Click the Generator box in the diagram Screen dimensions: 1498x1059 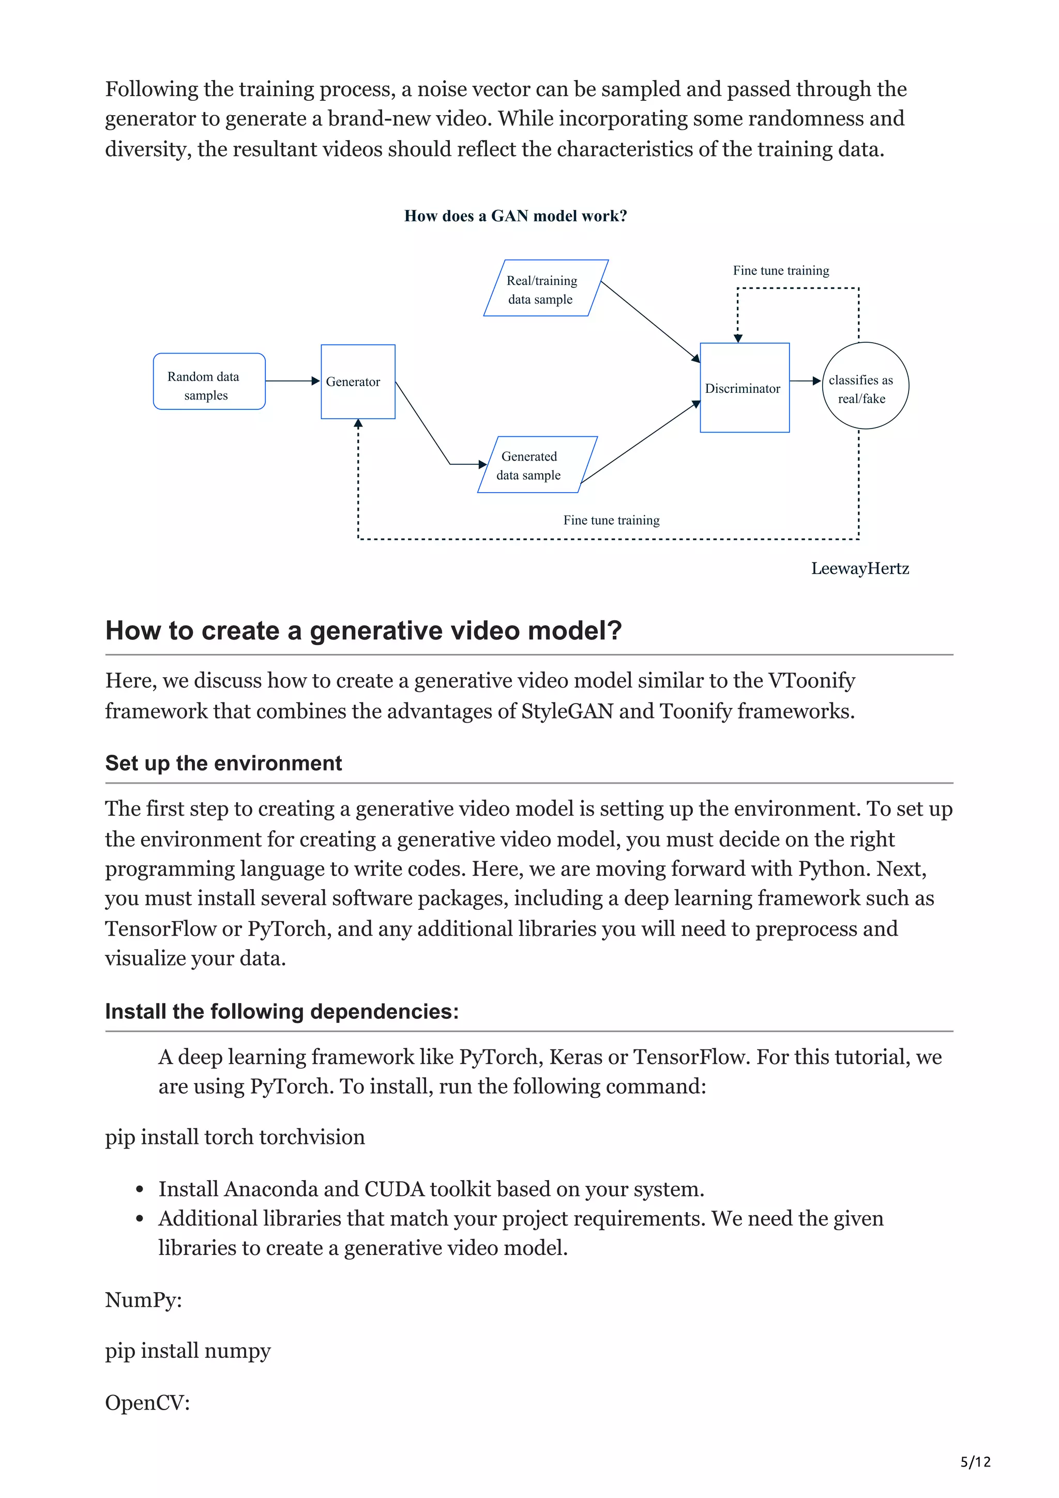point(357,381)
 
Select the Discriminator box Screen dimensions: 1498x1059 point(744,388)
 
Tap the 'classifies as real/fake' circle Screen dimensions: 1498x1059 point(865,386)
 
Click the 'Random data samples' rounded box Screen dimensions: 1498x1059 point(209,381)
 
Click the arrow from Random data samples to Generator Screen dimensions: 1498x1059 point(292,381)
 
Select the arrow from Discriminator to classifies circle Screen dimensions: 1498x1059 point(805,381)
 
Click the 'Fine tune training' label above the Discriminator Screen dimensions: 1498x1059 point(780,270)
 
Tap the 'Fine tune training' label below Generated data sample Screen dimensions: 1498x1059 point(611,520)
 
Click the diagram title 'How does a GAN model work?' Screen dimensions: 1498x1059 point(515,216)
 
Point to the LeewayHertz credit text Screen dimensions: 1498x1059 point(859,568)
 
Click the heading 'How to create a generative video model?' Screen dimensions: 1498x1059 point(364,630)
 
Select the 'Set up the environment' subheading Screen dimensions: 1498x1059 point(223,763)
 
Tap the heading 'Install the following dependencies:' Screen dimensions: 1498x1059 point(281,1011)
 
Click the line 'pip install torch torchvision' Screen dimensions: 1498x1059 point(235,1137)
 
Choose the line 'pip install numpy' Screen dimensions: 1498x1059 point(188,1351)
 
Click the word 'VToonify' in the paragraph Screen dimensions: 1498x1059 point(811,680)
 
